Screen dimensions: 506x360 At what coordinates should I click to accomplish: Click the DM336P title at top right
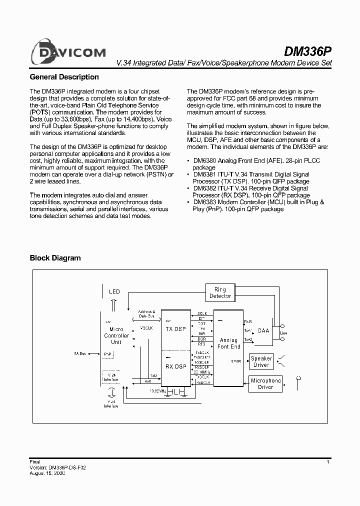tap(307, 51)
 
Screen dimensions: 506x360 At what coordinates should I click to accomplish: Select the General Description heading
tap(64, 77)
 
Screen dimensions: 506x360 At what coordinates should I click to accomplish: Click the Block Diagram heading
tap(55, 258)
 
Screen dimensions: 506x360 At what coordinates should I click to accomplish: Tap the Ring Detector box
tap(220, 293)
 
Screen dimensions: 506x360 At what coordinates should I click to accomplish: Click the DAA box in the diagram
tap(264, 331)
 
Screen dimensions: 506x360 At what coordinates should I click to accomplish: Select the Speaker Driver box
tap(261, 361)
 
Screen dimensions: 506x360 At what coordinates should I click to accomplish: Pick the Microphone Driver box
tap(265, 384)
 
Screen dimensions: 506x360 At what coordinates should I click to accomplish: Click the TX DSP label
tap(175, 329)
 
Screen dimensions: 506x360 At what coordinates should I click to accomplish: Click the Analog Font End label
tap(229, 343)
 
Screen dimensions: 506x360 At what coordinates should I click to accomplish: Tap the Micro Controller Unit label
tap(116, 335)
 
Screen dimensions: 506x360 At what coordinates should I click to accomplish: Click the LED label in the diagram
tap(114, 291)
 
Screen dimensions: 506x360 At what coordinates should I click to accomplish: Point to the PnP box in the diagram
tap(108, 353)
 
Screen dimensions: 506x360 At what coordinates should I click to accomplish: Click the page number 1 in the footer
tap(327, 462)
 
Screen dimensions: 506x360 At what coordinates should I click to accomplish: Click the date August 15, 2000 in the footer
tap(47, 473)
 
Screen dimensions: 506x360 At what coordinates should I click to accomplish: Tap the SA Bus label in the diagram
tap(80, 353)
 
